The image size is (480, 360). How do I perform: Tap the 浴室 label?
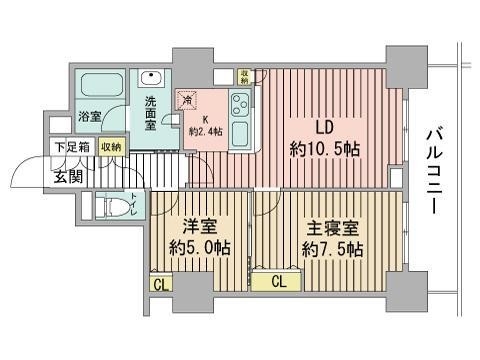pyautogui.click(x=89, y=118)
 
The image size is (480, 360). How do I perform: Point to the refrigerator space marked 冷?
pyautogui.click(x=188, y=100)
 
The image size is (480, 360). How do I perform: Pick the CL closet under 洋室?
pyautogui.click(x=160, y=284)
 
